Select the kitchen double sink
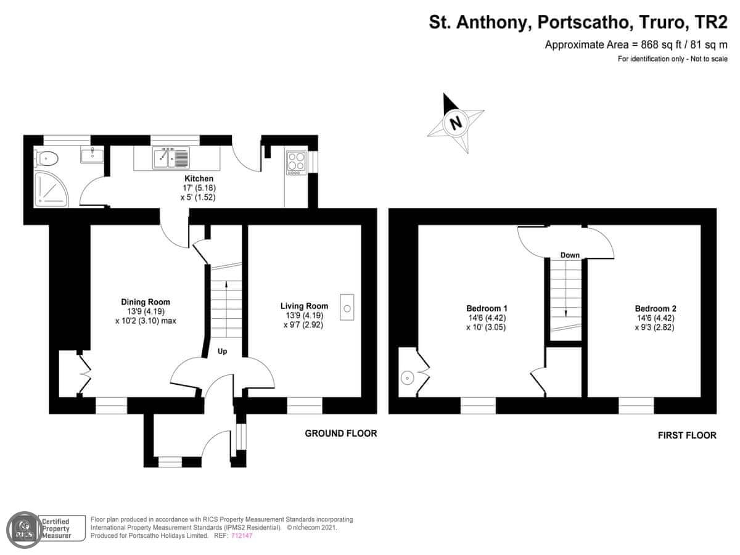pyautogui.click(x=171, y=158)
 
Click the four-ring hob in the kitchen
pyautogui.click(x=297, y=163)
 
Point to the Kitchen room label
pyautogui.click(x=199, y=178)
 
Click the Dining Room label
pyautogui.click(x=146, y=302)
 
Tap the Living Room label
pyautogui.click(x=304, y=306)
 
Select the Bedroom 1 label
pyautogui.click(x=487, y=308)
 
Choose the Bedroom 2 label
pyautogui.click(x=656, y=308)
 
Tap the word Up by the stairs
pyautogui.click(x=222, y=351)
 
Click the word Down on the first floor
pyautogui.click(x=570, y=255)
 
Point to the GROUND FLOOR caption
pyautogui.click(x=341, y=434)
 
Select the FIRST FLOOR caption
pyautogui.click(x=687, y=435)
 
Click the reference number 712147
pyautogui.click(x=242, y=535)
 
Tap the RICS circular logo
pyautogui.click(x=24, y=530)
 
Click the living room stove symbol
pyautogui.click(x=347, y=307)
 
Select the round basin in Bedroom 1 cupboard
pyautogui.click(x=407, y=378)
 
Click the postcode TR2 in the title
pyautogui.click(x=710, y=23)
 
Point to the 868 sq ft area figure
pyautogui.click(x=650, y=45)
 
